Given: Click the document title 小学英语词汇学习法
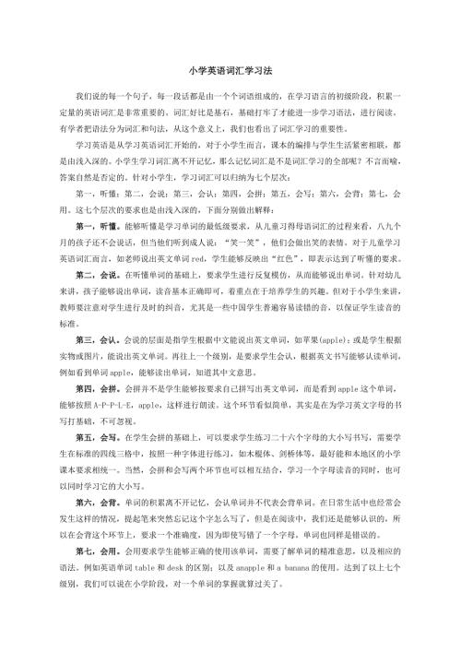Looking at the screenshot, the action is coord(230,69).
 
